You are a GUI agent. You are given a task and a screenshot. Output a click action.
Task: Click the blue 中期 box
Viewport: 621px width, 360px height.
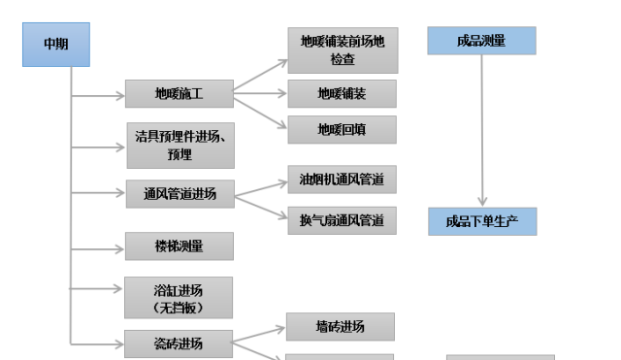pos(55,45)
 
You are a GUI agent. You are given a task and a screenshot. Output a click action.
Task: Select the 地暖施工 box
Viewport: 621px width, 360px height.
pos(179,94)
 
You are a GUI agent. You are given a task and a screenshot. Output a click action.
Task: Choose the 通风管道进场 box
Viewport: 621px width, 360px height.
pos(179,193)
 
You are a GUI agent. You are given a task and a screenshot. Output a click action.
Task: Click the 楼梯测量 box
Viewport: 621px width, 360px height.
pos(179,245)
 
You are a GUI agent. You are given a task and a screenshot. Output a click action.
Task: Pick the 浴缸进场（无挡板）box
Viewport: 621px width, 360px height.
pos(179,298)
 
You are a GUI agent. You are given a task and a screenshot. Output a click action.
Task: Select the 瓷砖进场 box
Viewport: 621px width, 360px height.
pos(179,344)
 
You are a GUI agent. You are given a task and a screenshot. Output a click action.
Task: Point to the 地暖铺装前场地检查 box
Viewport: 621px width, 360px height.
pos(342,50)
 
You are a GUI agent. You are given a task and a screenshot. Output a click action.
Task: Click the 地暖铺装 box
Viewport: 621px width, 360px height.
pos(342,94)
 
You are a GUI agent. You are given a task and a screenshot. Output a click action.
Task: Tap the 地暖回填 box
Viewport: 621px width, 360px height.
pos(342,129)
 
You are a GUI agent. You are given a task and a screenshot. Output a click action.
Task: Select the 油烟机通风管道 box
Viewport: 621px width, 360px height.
pos(342,180)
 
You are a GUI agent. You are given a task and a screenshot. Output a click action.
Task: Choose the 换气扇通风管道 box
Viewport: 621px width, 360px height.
pos(342,220)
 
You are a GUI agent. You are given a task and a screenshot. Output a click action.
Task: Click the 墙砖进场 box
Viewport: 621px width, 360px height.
pos(340,327)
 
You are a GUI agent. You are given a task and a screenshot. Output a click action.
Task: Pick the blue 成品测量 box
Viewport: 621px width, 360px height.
pos(481,41)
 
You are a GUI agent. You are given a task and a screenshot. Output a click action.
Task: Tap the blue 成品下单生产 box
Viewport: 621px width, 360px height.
pos(482,221)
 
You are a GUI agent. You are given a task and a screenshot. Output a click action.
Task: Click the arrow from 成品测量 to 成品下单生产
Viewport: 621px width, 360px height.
pos(482,131)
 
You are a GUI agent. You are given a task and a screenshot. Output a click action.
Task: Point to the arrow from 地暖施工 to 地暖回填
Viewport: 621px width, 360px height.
pos(260,112)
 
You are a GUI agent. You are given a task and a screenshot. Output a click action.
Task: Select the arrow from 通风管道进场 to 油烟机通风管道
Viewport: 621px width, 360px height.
pos(260,186)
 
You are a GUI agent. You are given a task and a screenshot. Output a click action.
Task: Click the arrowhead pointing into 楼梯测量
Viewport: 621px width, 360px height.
pos(119,245)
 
